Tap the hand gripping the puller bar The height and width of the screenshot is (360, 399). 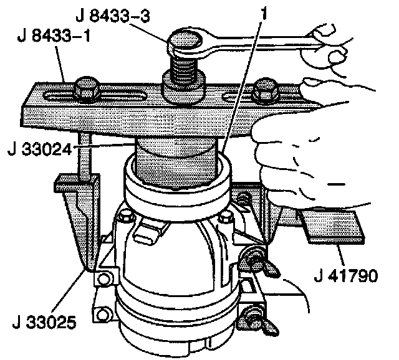312,143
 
